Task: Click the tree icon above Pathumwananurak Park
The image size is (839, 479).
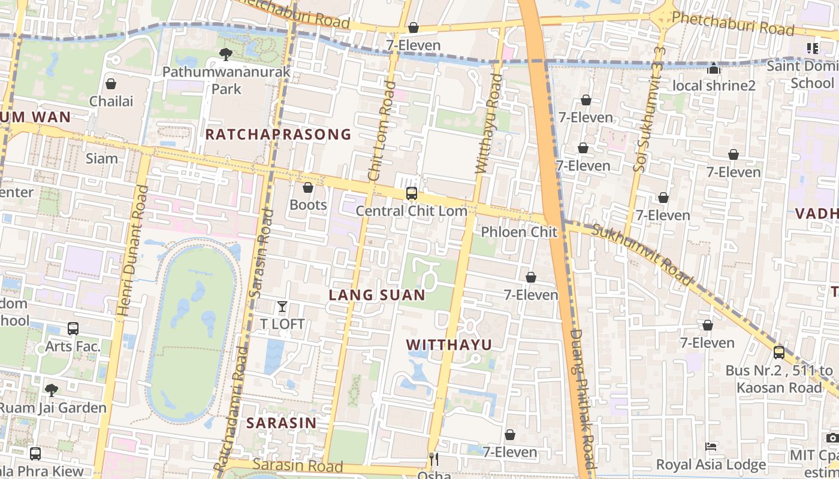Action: tap(226, 54)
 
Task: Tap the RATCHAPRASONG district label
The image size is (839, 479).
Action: tap(278, 134)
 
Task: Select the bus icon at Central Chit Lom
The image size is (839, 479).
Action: tap(411, 193)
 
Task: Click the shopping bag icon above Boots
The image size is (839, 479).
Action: tap(308, 188)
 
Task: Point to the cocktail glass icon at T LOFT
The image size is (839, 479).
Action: tap(282, 307)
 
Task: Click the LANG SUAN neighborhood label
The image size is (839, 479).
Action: tap(377, 295)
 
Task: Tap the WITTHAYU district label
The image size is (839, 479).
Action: tap(449, 345)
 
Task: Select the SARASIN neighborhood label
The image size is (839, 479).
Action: tap(281, 423)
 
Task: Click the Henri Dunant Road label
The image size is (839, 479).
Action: tap(133, 250)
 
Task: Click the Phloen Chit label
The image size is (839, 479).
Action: tap(519, 232)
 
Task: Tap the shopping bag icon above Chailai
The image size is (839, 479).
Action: tap(110, 84)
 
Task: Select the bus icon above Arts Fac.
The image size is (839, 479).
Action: tap(73, 329)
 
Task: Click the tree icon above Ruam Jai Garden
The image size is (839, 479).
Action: tap(52, 390)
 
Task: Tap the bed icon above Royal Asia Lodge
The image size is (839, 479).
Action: tap(711, 447)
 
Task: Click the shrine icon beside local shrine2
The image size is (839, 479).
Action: tap(713, 69)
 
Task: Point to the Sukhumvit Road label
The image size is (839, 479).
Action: tap(641, 253)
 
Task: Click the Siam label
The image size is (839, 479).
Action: tap(102, 159)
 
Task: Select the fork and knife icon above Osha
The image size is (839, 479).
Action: tap(434, 459)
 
